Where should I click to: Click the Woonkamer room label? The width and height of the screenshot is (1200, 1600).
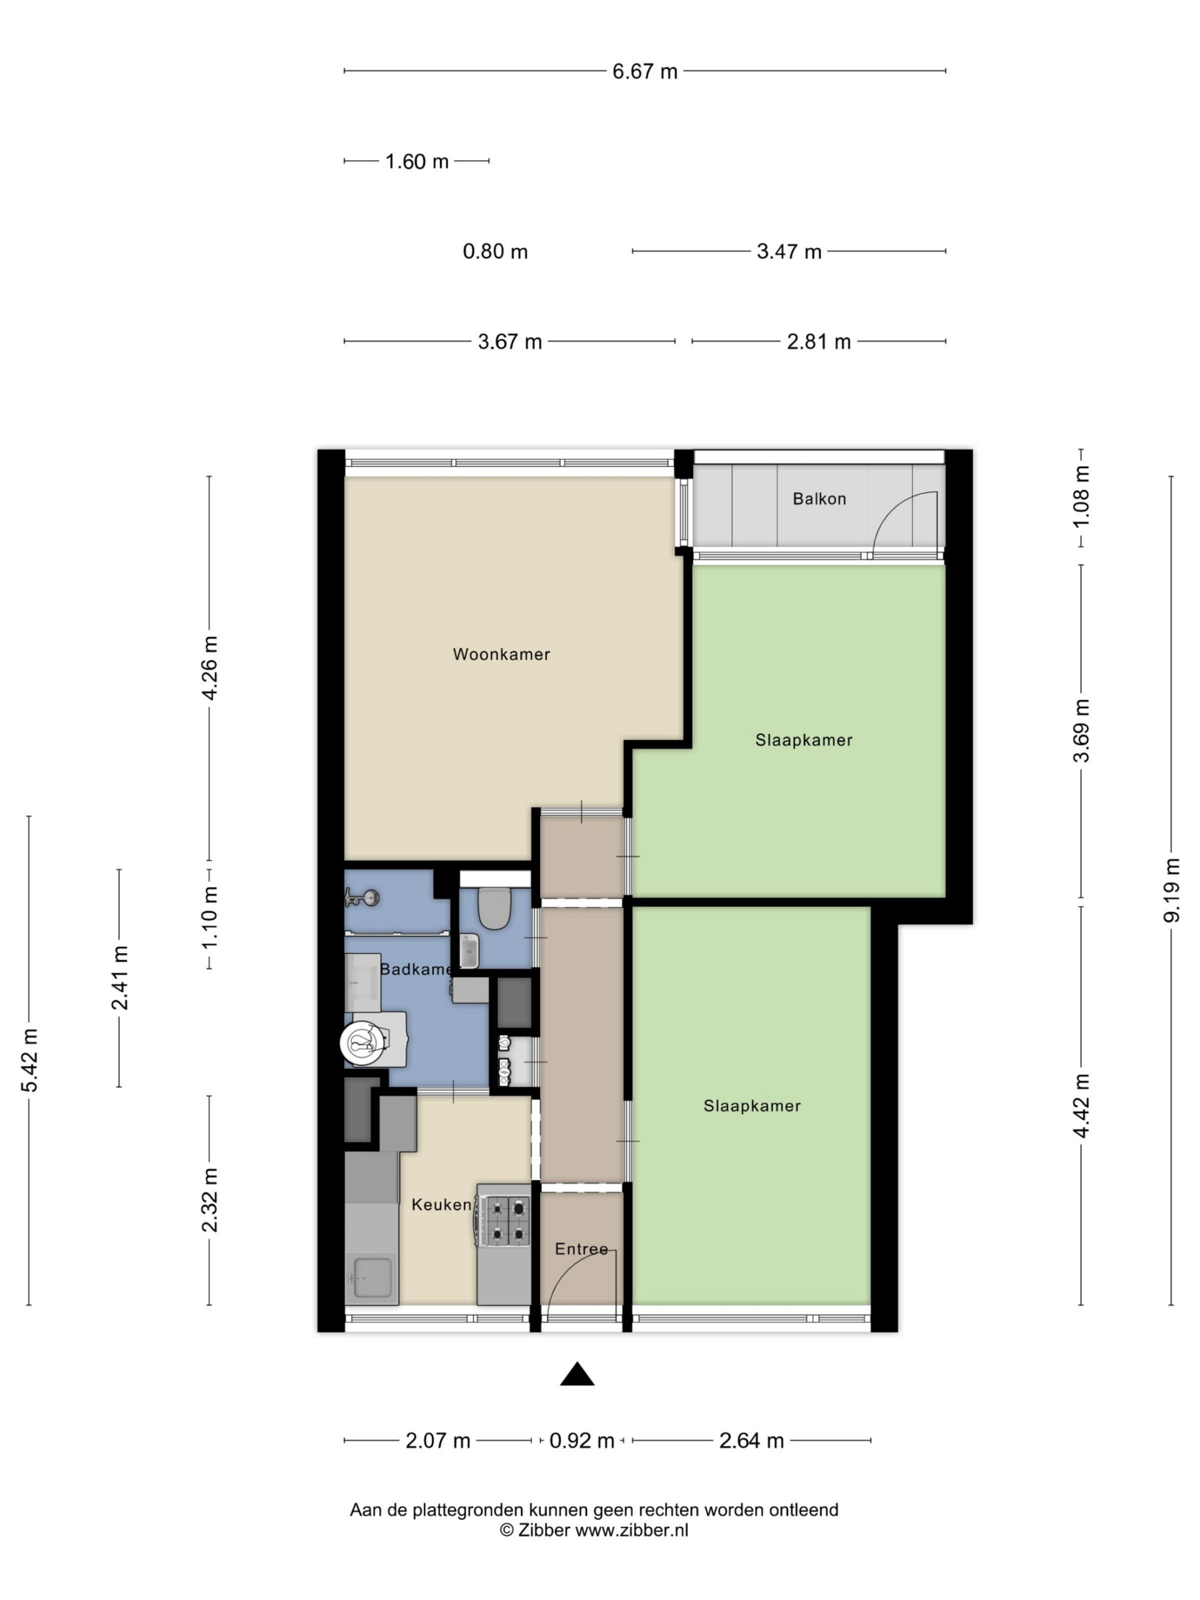pos(501,654)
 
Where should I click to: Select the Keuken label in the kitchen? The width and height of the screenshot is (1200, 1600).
pos(441,1204)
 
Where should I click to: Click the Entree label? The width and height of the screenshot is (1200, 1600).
pos(581,1249)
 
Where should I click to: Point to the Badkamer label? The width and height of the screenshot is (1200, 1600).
pos(417,969)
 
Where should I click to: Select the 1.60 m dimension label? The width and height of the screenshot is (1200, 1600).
pos(417,161)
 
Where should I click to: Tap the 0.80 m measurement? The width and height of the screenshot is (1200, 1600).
pos(496,252)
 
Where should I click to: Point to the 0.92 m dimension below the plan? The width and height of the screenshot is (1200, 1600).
pos(581,1441)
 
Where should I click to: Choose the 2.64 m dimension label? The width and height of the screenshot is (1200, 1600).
pos(751,1441)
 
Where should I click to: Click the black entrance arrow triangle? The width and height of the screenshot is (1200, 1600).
pos(577,1374)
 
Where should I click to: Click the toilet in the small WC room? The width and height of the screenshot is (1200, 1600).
pos(496,907)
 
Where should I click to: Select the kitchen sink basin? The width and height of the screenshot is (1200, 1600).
pos(372,1278)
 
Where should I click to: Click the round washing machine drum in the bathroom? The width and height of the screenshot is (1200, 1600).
pos(362,1042)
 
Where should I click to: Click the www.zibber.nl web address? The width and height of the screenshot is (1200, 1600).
pos(631,1530)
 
